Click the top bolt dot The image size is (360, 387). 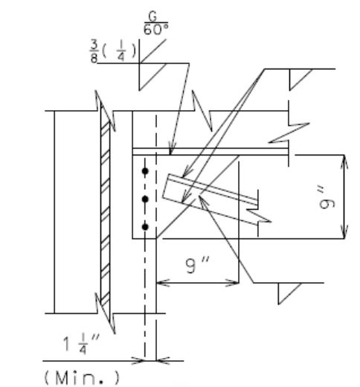145,171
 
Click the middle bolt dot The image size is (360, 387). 145,199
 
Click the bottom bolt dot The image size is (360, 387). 145,227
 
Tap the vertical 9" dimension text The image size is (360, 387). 327,200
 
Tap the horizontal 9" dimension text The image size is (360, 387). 198,265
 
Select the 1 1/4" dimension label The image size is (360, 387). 81,344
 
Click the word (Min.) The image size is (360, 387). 82,377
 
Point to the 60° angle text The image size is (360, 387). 155,30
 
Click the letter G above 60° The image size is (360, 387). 152,17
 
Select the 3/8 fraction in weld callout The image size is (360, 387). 94,51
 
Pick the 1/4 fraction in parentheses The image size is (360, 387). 121,51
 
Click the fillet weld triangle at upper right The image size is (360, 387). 300,80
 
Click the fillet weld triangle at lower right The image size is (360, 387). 289,293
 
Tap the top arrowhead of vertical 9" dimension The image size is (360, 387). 344,161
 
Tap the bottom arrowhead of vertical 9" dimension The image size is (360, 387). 344,232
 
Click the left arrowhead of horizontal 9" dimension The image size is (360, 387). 163,283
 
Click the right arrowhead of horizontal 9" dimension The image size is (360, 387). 232,283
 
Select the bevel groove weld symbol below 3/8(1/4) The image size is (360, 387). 152,77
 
